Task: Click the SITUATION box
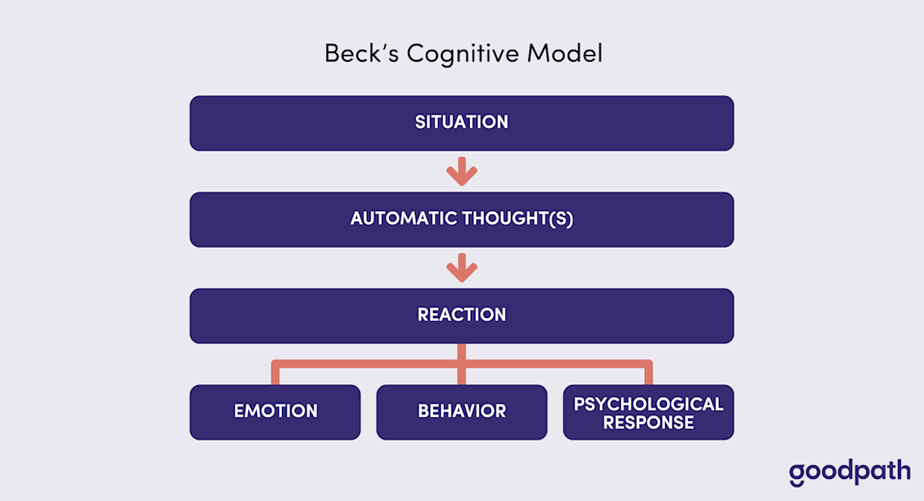click(x=462, y=123)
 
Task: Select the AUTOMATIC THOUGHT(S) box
click(x=462, y=220)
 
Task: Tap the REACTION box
click(x=462, y=316)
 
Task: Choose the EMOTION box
click(x=275, y=412)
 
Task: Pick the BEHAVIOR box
click(x=462, y=412)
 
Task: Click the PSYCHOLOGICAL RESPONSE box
click(x=649, y=412)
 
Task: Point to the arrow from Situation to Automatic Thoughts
click(x=462, y=171)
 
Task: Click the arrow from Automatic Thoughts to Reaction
click(x=462, y=268)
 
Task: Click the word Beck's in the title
click(x=361, y=54)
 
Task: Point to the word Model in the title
click(x=570, y=54)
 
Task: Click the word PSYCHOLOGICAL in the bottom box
click(x=649, y=404)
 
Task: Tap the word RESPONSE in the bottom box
click(x=649, y=423)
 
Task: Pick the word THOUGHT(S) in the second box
click(x=525, y=220)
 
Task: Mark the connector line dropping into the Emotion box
click(x=275, y=374)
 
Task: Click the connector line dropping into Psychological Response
click(x=649, y=374)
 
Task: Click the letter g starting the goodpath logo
click(x=796, y=475)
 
